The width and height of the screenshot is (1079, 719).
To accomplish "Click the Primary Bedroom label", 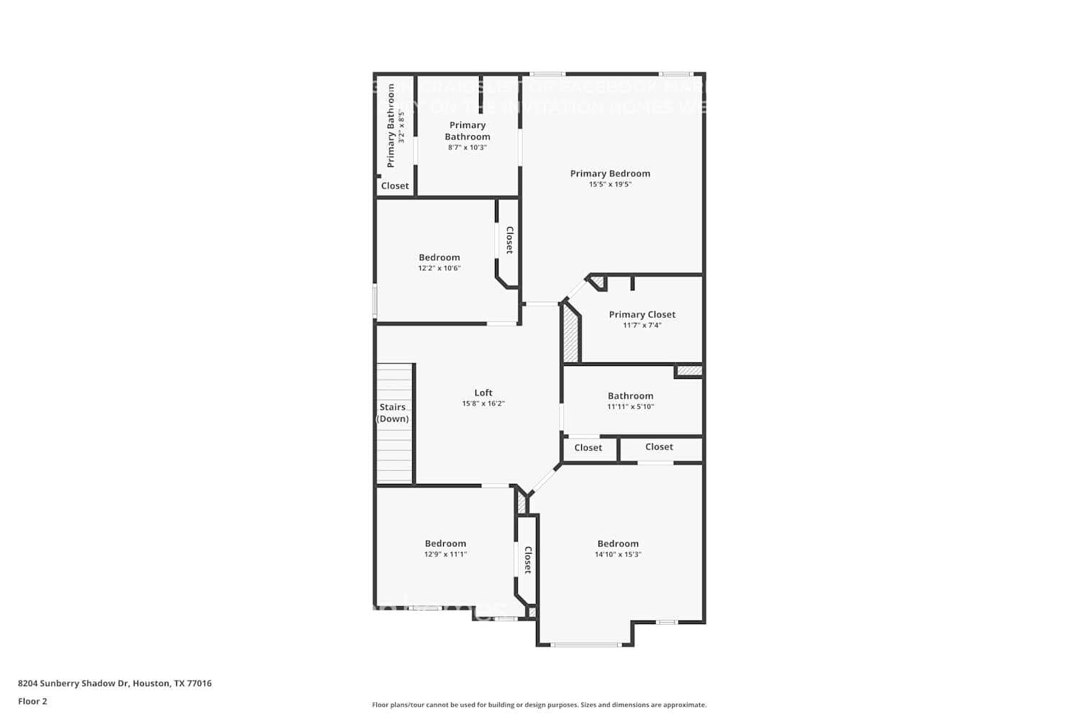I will pos(610,173).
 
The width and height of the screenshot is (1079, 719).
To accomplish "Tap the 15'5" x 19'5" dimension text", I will pos(610,184).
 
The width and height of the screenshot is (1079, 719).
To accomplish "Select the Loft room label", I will pos(483,393).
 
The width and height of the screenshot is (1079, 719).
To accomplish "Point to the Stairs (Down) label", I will pos(393,413).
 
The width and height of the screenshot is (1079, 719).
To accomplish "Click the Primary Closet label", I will pos(642,314).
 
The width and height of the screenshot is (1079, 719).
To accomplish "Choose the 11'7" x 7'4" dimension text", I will pos(642,325).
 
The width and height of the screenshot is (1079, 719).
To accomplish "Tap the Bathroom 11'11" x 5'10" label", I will pos(630,400).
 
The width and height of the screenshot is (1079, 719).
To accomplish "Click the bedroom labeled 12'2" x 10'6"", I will pos(439,262).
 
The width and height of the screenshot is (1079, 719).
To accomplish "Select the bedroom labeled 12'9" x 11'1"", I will pos(445,549).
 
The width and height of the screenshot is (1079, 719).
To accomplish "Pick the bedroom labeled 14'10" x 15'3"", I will pos(617,549).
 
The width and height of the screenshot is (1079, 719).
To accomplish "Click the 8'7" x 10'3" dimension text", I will pos(468,147).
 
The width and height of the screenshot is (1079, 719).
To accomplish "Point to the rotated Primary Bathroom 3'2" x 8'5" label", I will pos(395,126).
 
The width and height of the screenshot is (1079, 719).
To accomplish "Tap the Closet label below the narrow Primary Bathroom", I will pos(395,186).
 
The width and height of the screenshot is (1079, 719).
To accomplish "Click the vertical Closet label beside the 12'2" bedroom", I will pos(509,240).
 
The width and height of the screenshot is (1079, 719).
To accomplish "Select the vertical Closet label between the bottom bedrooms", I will pos(527,559).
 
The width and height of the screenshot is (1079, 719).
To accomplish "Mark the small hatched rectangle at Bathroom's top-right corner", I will pos(688,371).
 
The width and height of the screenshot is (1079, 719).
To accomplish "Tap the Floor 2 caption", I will pos(32,701).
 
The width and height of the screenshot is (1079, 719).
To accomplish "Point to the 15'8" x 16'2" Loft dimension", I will pos(483,403).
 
